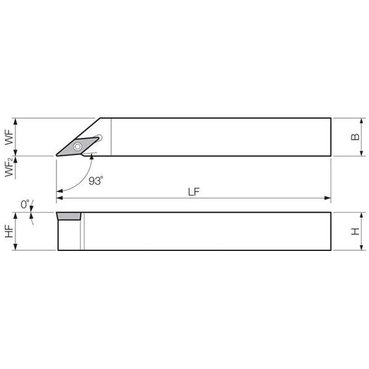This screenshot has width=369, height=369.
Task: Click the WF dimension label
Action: click(10, 137)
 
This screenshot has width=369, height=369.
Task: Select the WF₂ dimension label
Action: click(10, 167)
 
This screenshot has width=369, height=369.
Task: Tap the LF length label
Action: click(194, 192)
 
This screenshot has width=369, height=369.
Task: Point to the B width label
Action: click(355, 137)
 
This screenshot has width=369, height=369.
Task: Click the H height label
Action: click(355, 231)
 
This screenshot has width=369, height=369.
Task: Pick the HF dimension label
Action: click(9, 231)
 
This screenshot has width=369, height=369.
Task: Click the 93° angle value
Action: click(96, 181)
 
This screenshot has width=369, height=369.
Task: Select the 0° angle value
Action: click(25, 204)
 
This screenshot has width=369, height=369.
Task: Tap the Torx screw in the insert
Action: click(77, 146)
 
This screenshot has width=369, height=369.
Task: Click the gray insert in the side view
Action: click(69, 216)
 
